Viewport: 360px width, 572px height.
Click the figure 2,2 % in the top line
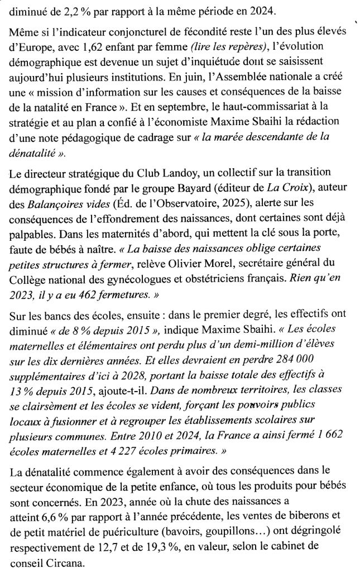[x=69, y=9]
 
